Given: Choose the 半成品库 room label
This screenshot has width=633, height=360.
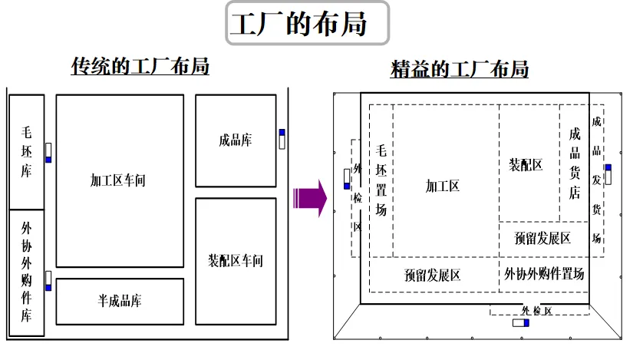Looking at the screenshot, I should [120, 301].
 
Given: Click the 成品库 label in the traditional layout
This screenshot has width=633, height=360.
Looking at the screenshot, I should [236, 140].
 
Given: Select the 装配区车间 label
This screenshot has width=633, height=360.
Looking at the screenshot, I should [236, 260].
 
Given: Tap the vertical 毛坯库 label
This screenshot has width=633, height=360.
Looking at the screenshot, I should [27, 151].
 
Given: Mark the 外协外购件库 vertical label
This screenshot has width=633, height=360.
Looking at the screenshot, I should [27, 272].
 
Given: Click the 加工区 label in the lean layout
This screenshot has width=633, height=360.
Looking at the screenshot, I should [443, 185].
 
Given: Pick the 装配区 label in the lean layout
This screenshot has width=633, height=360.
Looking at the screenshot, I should [526, 164].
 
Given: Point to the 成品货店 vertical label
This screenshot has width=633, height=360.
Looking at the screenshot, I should [575, 163].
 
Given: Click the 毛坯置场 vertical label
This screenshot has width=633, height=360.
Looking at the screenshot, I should [381, 180].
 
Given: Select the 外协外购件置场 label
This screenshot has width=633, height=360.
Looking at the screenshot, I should [544, 273].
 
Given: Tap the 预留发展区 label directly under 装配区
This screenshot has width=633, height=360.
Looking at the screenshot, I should [543, 238].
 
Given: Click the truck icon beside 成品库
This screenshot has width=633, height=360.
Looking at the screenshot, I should [282, 138].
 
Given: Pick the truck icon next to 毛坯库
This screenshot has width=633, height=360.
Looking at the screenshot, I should [48, 152].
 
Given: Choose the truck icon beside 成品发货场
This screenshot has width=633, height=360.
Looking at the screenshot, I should [608, 173].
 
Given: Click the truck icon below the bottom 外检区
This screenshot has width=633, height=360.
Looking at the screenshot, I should [521, 322].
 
